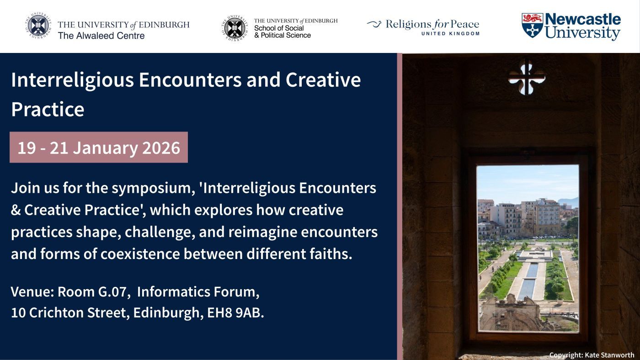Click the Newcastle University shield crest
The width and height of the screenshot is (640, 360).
[x=532, y=25]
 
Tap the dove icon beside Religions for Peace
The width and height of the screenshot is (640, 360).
[x=374, y=24]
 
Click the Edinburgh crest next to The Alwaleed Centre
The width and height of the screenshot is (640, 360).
[x=38, y=26]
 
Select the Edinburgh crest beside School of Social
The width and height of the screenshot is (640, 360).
[x=235, y=28]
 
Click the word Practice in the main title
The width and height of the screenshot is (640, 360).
[x=48, y=109]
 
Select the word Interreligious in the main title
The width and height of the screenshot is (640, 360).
[x=73, y=80]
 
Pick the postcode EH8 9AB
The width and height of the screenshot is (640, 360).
[x=235, y=312]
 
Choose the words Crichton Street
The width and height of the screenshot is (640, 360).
[x=77, y=312]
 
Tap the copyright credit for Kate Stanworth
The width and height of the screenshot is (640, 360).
[x=592, y=355]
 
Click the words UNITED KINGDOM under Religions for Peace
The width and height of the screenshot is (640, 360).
[x=451, y=34]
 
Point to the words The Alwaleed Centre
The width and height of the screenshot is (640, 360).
[x=101, y=36]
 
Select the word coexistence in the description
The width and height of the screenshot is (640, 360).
[x=140, y=254]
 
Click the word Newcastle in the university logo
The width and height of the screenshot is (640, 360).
[x=583, y=19]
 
